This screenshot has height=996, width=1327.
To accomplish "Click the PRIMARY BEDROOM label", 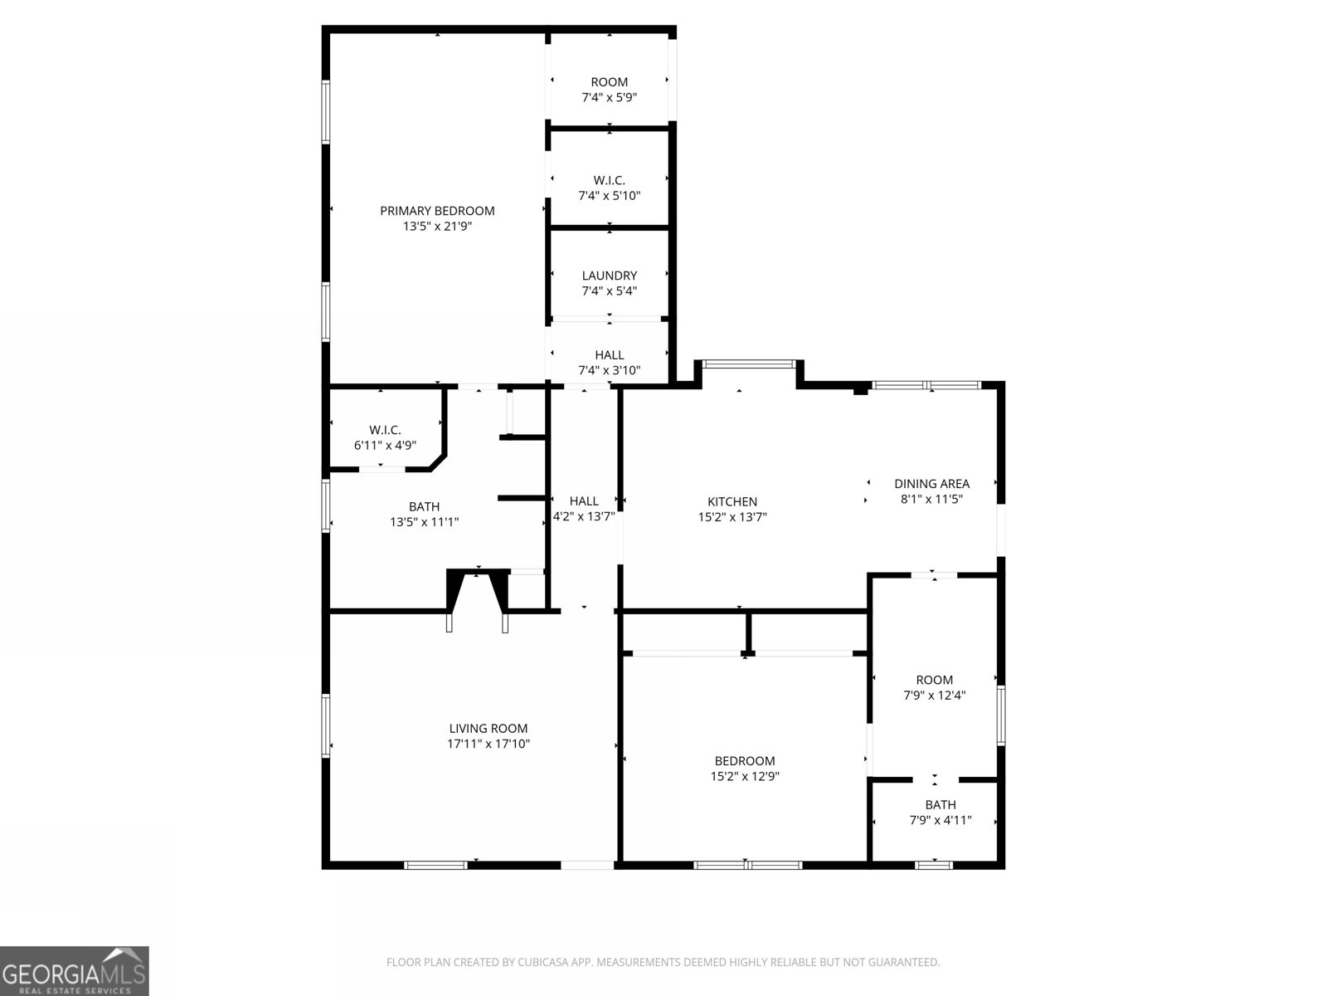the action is pyautogui.click(x=437, y=211).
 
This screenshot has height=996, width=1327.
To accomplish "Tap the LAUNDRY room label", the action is pyautogui.click(x=610, y=276).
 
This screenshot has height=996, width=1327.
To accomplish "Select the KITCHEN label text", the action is pyautogui.click(x=732, y=502).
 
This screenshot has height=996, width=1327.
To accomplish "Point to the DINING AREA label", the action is pyautogui.click(x=931, y=484).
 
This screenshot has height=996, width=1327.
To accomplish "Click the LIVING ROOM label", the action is pyautogui.click(x=489, y=729).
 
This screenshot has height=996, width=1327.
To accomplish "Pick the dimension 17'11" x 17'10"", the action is pyautogui.click(x=489, y=744).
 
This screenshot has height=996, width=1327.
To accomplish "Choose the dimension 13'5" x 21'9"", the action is pyautogui.click(x=437, y=226).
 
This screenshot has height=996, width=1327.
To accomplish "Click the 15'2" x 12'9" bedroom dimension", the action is pyautogui.click(x=745, y=777).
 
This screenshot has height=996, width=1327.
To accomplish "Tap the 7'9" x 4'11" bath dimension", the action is pyautogui.click(x=941, y=821).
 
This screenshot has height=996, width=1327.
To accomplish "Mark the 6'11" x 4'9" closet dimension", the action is pyautogui.click(x=385, y=446).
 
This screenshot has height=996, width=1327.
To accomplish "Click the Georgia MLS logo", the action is pyautogui.click(x=75, y=970).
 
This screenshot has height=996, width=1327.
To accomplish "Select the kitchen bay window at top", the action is pyautogui.click(x=748, y=364).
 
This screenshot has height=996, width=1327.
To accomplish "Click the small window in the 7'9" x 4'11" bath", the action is pyautogui.click(x=934, y=866).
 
